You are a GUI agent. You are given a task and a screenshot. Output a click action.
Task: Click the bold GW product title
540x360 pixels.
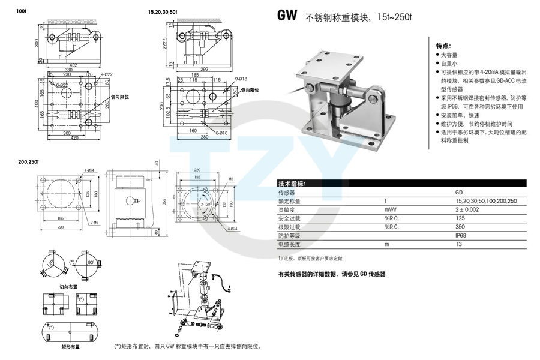(x=287, y=16)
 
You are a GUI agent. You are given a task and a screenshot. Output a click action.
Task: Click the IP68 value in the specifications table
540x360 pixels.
(x=460, y=236)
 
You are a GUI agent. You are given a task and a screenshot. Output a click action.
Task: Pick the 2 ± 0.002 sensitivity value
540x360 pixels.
(x=467, y=210)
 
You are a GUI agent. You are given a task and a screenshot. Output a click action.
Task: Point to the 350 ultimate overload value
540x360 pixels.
(x=460, y=227)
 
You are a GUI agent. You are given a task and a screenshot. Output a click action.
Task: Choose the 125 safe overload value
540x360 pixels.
(x=460, y=218)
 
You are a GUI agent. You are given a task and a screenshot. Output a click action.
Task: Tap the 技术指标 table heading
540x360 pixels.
(x=292, y=184)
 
